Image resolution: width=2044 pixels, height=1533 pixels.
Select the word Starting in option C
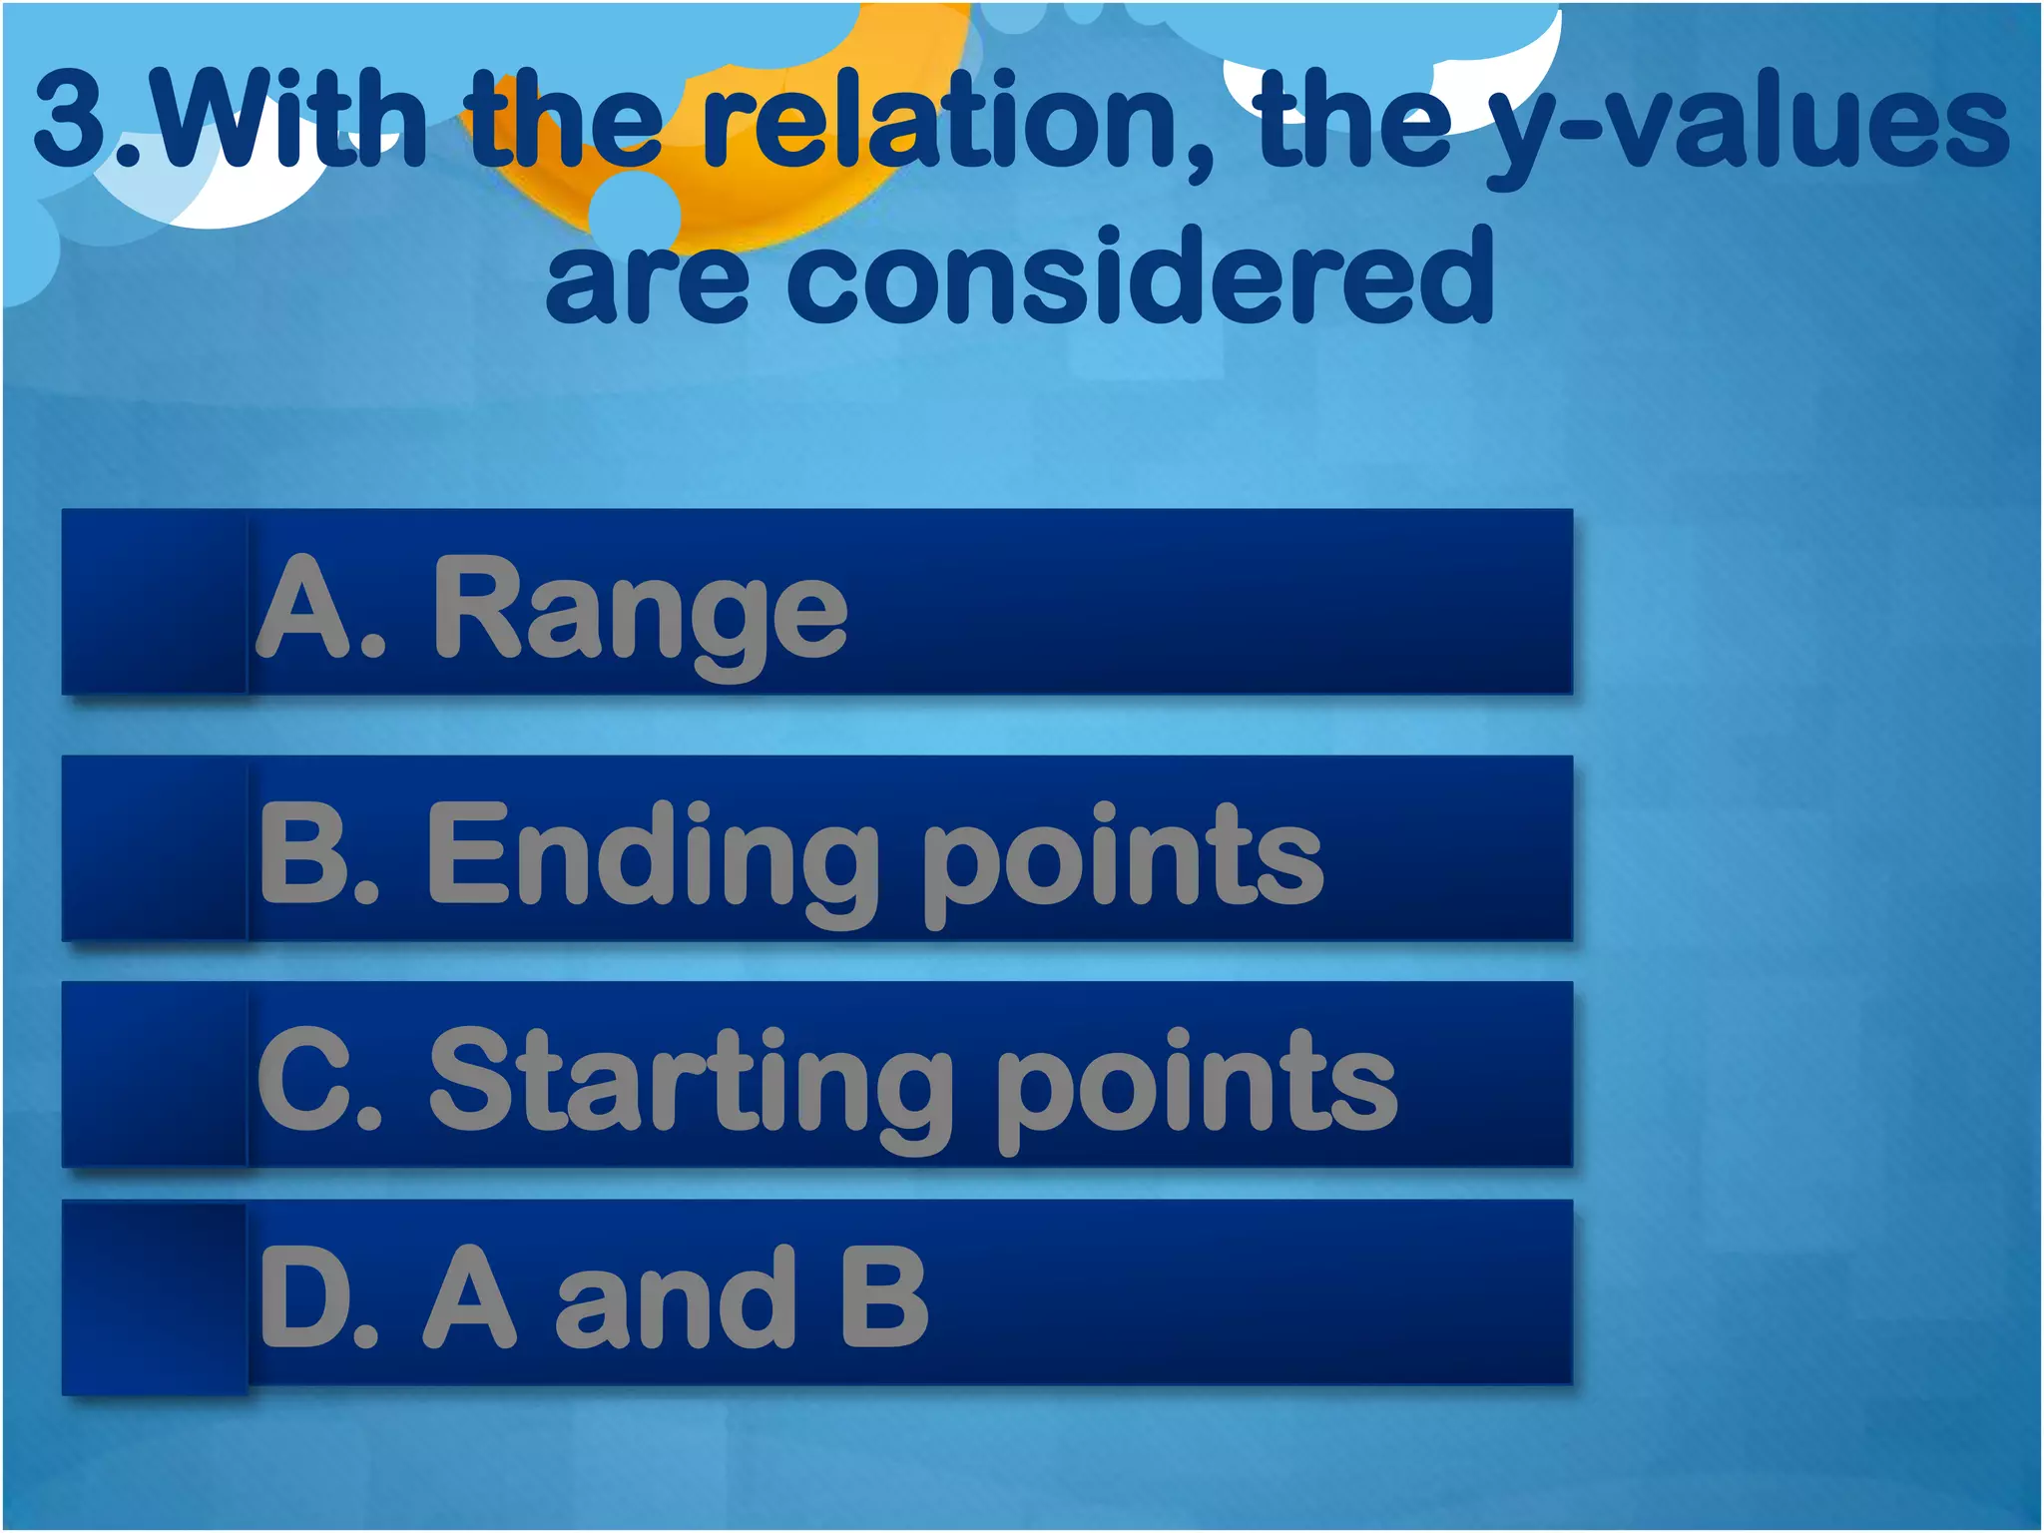point(689,1082)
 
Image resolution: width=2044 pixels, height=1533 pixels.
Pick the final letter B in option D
point(884,1297)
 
